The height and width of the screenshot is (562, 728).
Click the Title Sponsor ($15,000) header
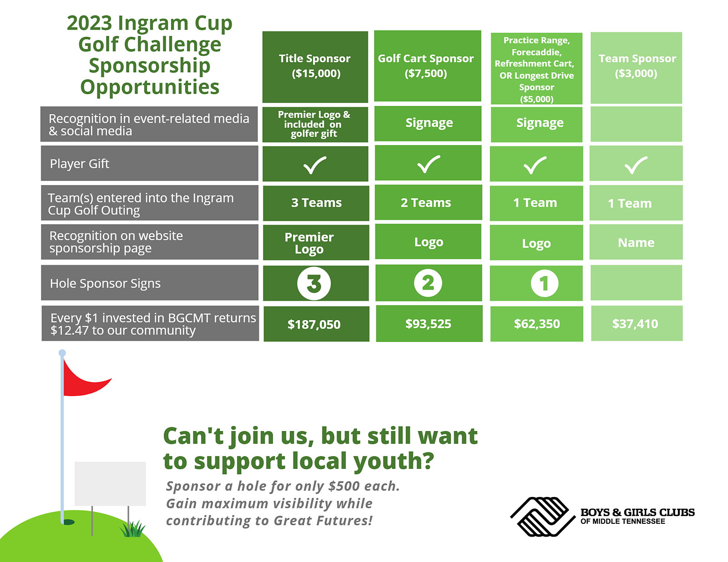coord(315,67)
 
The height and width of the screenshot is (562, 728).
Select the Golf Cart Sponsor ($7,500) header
coord(428,66)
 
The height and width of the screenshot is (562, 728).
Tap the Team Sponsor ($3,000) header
coord(636,68)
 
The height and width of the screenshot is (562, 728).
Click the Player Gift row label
coord(149,163)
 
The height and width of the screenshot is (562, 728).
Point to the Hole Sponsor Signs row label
coord(149,283)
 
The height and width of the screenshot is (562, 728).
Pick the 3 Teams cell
coord(316,203)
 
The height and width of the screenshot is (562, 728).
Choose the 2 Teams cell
coord(428,202)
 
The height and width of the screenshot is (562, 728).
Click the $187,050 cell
coord(316,324)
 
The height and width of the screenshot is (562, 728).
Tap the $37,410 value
coord(635,324)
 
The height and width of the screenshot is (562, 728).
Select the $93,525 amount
coord(428,324)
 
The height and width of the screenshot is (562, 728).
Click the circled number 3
coord(314,284)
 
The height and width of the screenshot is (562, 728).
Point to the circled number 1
coord(545,284)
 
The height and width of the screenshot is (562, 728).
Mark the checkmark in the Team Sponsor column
coord(636,165)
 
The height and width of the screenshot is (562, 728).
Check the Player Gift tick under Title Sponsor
coord(314,165)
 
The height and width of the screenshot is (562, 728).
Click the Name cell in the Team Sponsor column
coord(636,242)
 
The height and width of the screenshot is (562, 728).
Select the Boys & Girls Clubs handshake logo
coord(542,517)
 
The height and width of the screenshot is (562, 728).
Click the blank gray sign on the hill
coord(110,484)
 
